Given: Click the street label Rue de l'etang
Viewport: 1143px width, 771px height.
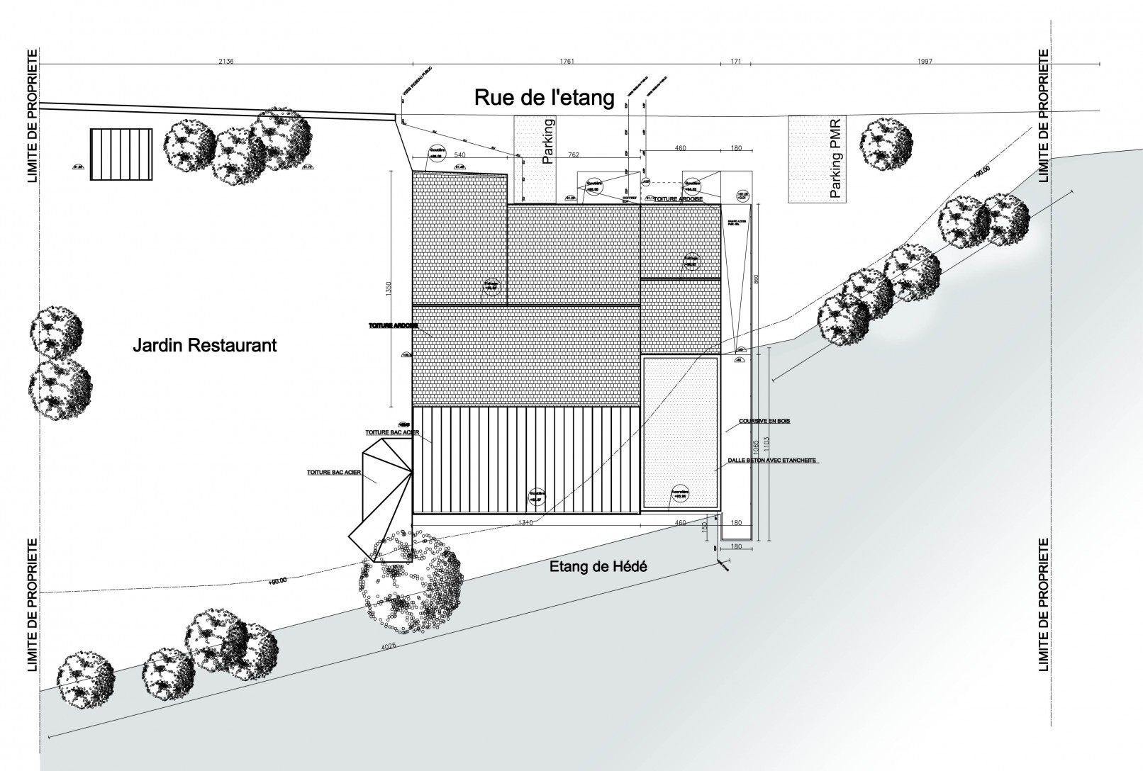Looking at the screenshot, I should point(544,97).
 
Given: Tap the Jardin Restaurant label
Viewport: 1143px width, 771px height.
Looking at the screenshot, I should point(204,346).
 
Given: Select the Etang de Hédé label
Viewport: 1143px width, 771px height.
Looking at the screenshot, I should point(599,567).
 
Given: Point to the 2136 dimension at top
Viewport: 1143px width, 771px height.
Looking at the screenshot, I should point(226,62).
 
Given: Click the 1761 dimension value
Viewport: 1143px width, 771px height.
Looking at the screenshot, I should point(566,62).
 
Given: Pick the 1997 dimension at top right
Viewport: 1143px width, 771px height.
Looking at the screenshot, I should point(924,62).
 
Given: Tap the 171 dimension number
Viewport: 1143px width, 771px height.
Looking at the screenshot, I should point(735,62).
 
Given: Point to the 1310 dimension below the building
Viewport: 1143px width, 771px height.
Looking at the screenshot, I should point(525,523).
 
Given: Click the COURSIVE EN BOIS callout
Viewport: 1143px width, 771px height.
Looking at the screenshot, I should point(764,421).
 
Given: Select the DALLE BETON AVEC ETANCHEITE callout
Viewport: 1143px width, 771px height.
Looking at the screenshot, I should point(772,460).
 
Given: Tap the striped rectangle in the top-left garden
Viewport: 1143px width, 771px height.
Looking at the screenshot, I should point(121,154).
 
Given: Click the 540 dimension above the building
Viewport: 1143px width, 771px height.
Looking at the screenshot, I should point(459,154).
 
